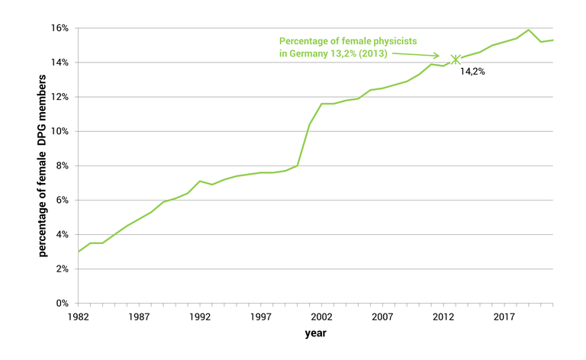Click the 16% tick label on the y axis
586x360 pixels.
[60, 28]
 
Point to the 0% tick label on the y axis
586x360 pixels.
[63, 304]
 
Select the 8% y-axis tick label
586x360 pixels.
[63, 166]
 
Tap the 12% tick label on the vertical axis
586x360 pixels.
[60, 97]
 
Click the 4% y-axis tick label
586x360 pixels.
[63, 235]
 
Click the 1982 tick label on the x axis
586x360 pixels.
[79, 316]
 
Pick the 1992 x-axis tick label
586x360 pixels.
[198, 316]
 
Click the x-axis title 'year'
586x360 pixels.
[315, 333]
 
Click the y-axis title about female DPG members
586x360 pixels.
[43, 166]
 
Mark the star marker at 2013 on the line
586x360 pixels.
[456, 59]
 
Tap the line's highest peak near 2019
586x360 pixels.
[528, 30]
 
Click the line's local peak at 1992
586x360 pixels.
[199, 182]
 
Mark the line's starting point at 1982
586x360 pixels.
[79, 252]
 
